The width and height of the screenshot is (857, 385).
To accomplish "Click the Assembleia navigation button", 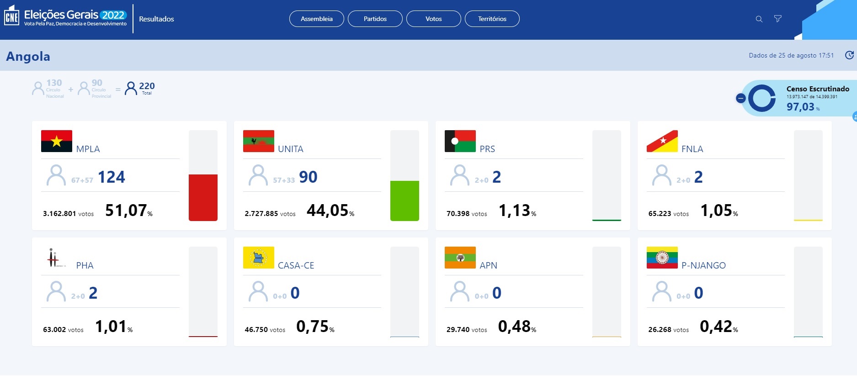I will click(316, 19).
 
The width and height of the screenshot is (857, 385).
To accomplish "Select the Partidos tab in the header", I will click(375, 19).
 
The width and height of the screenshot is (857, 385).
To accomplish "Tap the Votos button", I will click(433, 19).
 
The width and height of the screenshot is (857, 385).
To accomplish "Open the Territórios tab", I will click(492, 19).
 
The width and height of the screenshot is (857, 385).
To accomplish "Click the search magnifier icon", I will click(759, 19).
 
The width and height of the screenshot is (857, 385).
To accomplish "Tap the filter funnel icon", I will click(777, 19).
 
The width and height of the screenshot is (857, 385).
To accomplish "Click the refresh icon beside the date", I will click(849, 55).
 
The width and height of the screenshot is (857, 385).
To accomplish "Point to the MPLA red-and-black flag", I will click(57, 141).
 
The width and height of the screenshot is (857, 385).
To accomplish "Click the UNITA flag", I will click(259, 141).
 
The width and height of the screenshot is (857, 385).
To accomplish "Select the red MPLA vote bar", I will click(203, 197).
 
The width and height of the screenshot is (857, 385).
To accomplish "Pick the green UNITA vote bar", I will click(405, 200).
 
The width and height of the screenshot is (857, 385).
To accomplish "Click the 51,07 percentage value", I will click(126, 211).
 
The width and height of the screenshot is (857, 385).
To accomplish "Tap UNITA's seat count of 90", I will click(308, 177).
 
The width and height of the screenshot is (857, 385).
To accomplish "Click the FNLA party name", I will click(692, 149).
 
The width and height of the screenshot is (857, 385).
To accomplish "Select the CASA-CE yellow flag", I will click(259, 258).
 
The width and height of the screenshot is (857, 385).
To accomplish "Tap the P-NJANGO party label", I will click(703, 265).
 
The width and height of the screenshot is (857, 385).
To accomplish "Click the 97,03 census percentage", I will click(800, 107).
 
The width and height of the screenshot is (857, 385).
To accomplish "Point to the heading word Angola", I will click(28, 56).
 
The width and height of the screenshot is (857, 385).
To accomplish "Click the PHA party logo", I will click(54, 258).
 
